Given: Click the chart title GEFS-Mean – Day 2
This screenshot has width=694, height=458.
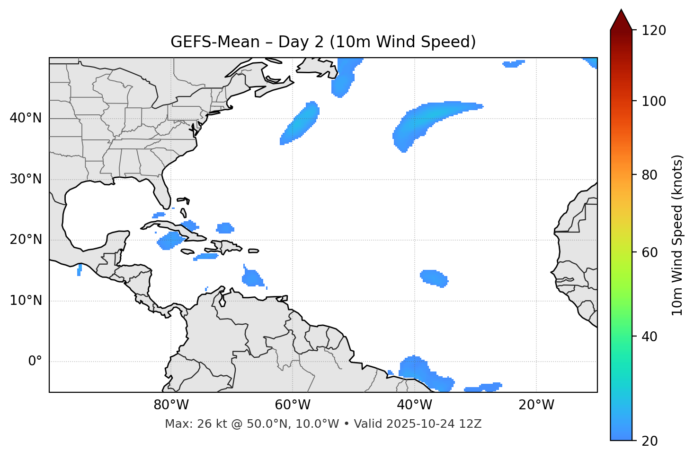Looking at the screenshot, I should click(323, 42).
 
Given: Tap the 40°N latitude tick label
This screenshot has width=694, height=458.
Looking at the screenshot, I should click(26, 118).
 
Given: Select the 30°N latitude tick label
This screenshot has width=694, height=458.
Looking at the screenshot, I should click(26, 179).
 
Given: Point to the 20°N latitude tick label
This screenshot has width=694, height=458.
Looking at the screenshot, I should click(26, 240).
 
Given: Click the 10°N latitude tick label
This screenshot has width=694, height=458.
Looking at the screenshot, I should click(26, 301).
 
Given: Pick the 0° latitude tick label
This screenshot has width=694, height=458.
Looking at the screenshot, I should click(35, 362).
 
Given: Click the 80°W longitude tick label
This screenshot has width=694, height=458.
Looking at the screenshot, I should click(171, 405).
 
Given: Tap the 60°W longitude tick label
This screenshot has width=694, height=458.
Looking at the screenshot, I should click(293, 405).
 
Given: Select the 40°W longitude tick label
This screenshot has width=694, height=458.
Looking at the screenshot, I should click(415, 405).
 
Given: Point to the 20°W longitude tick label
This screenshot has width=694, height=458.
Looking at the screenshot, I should click(536, 405).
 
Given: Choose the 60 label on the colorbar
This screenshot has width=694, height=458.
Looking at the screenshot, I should click(651, 252).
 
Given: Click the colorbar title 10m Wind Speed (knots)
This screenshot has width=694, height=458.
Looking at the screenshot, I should click(677, 235).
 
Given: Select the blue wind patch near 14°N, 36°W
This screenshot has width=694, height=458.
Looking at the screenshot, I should click(434, 277).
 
